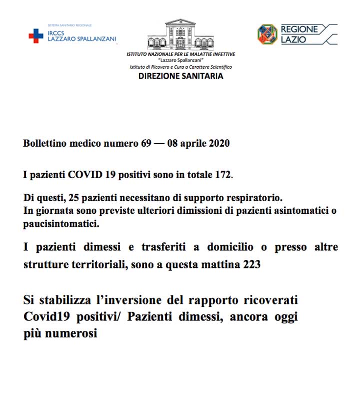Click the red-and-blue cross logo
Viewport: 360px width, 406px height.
(35, 36)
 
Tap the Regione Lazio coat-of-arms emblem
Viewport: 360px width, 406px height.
(267, 34)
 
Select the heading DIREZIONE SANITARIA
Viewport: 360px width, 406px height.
(180, 77)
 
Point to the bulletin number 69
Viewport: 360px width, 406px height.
(144, 144)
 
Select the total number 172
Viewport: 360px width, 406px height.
(223, 175)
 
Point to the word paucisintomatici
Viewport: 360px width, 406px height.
(61, 223)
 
